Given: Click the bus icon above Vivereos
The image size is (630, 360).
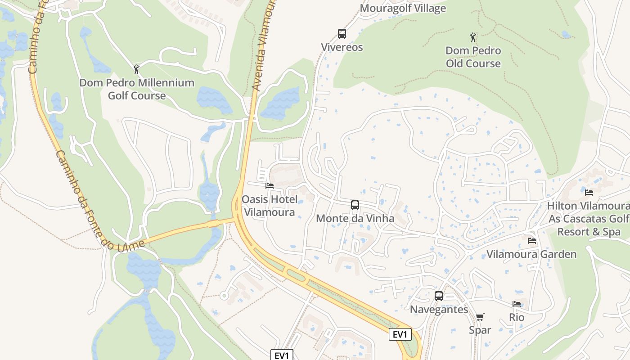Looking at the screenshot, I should point(342,34).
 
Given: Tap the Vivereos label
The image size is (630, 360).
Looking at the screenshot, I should point(342,47).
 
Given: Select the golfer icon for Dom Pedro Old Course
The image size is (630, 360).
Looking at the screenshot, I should point(473,37).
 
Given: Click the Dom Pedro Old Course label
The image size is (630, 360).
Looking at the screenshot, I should point(473,57).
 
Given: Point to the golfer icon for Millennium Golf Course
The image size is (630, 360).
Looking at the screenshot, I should point(137,69).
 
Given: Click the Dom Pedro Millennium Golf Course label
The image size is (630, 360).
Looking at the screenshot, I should point(137,89).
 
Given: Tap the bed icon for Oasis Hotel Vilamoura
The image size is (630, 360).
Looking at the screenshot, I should point(270,185).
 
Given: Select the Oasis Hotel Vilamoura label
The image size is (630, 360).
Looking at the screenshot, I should point(269,206).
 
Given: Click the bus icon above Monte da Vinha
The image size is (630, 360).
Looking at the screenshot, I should point(355,205).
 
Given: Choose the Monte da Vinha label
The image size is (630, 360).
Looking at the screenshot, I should point(355,219).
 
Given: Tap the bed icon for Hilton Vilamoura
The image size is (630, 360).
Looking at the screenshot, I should point(589,192).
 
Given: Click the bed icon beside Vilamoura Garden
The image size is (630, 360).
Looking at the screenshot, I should point(532,241).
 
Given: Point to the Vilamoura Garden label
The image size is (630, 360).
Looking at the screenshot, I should point(531,254).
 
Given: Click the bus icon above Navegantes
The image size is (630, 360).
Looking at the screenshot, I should point(439,296).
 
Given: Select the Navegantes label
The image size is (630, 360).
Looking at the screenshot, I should point(439,310).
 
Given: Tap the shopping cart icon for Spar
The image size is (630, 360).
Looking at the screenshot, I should point(480,317).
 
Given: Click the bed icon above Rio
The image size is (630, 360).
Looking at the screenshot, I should point(517,304).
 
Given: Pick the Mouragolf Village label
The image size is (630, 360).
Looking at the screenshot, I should point(403,8).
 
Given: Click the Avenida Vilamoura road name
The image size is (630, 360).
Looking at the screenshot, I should point(263,45).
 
